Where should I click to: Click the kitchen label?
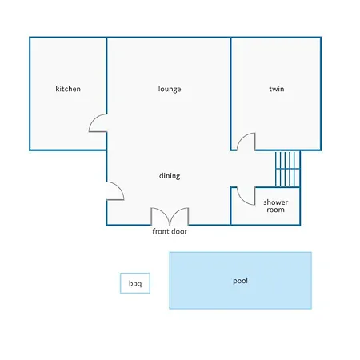click(68, 89)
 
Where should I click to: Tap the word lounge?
click(170, 89)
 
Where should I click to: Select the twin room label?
click(277, 89)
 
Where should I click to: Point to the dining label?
click(170, 176)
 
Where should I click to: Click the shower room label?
click(276, 206)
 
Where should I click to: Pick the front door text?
click(170, 231)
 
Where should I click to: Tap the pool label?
click(240, 281)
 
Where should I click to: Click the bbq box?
click(135, 283)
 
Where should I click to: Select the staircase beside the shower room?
click(288, 169)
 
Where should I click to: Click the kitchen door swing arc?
click(94, 118)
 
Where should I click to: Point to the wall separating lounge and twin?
click(230, 94)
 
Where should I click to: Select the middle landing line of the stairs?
click(288, 169)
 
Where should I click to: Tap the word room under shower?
click(276, 210)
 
